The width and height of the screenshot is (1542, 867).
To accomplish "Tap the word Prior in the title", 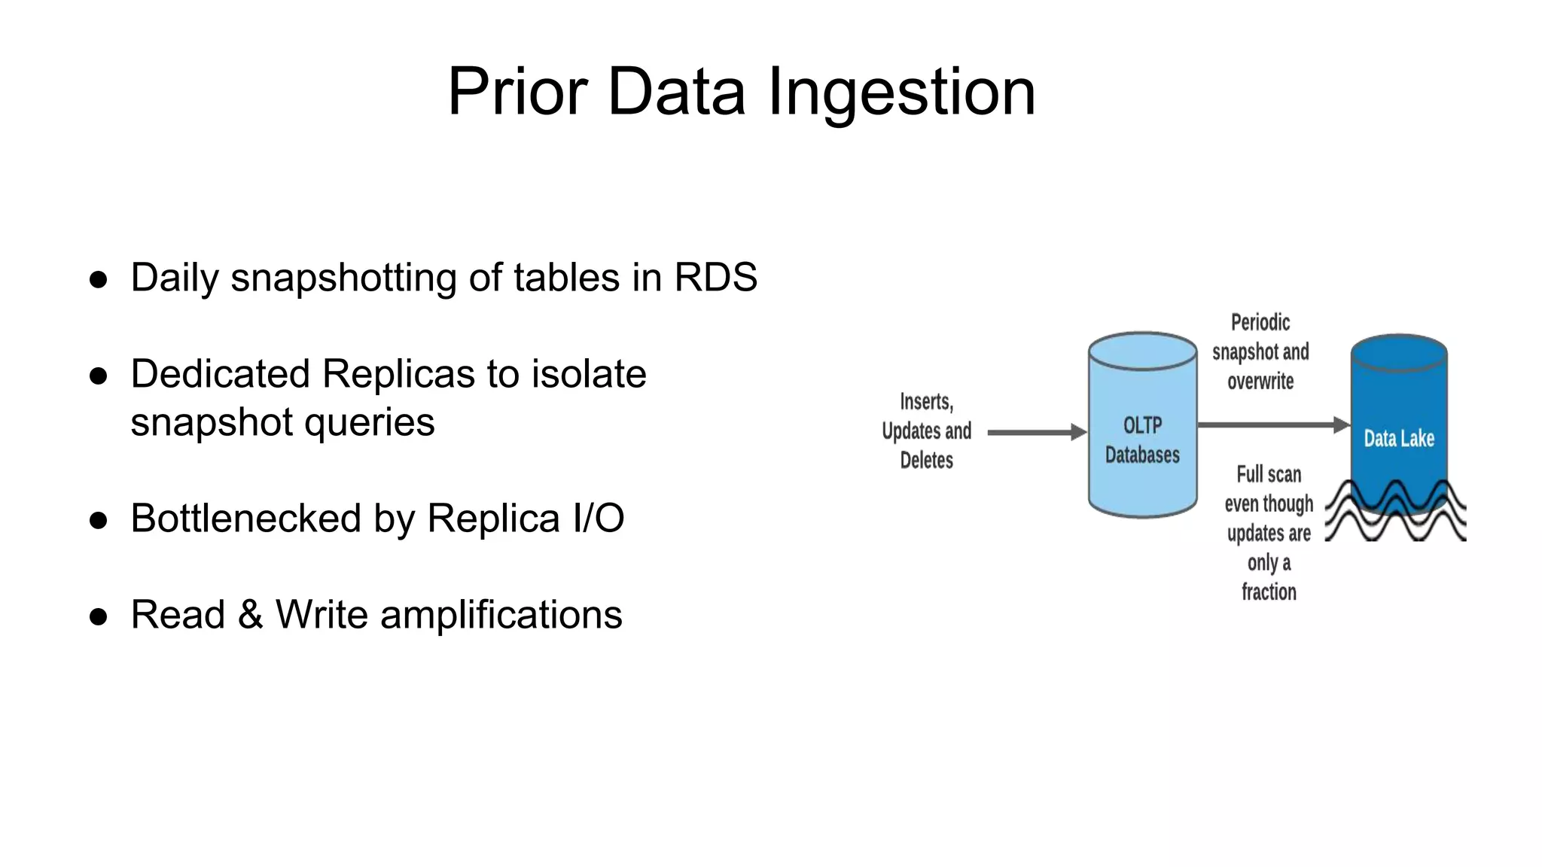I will pyautogui.click(x=517, y=92).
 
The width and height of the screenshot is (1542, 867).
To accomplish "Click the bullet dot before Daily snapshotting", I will pyautogui.click(x=99, y=280).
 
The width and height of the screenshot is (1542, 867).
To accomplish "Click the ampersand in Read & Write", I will pyautogui.click(x=250, y=615).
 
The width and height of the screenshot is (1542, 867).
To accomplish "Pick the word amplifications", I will pyautogui.click(x=501, y=616).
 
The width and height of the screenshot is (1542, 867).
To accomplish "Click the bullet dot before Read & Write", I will pyautogui.click(x=99, y=617).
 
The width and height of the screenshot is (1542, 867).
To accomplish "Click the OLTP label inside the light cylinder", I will pyautogui.click(x=1142, y=425).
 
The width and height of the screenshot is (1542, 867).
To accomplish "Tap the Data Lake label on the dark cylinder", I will pyautogui.click(x=1398, y=439).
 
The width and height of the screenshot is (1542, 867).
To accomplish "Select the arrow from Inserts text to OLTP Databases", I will pyautogui.click(x=1035, y=433).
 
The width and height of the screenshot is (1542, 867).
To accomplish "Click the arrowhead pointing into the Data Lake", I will pyautogui.click(x=1341, y=425).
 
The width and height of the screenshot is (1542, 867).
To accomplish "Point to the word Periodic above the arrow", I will pyautogui.click(x=1260, y=323).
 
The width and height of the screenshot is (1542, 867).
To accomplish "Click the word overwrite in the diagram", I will pyautogui.click(x=1260, y=382).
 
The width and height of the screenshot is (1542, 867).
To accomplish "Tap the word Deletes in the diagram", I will pyautogui.click(x=926, y=460).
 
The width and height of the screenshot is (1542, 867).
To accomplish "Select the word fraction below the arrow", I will pyautogui.click(x=1269, y=592).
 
